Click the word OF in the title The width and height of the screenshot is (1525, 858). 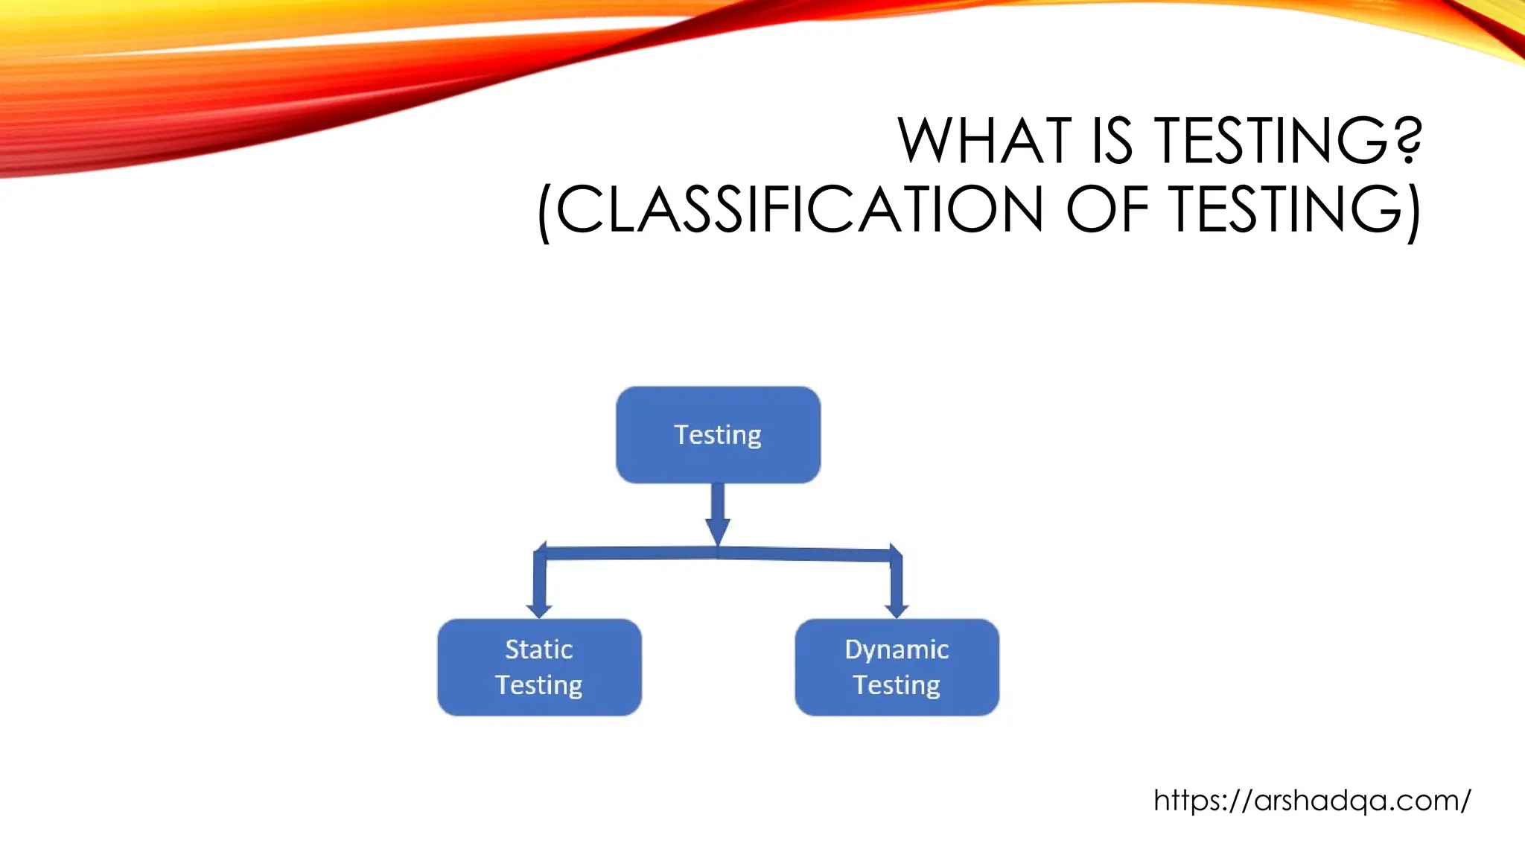(1108, 209)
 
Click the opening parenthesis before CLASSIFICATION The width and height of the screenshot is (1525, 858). (545, 212)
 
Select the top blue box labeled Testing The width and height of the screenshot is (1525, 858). (718, 435)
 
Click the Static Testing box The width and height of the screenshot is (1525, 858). (539, 667)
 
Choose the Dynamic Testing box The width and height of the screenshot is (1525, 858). (897, 667)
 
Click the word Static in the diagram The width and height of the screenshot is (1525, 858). (539, 649)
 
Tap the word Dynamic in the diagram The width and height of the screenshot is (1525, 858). (897, 649)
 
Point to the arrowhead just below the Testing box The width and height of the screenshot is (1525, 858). (718, 531)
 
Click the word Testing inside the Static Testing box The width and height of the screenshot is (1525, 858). (539, 685)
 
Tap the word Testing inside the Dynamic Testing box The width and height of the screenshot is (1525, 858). (897, 685)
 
